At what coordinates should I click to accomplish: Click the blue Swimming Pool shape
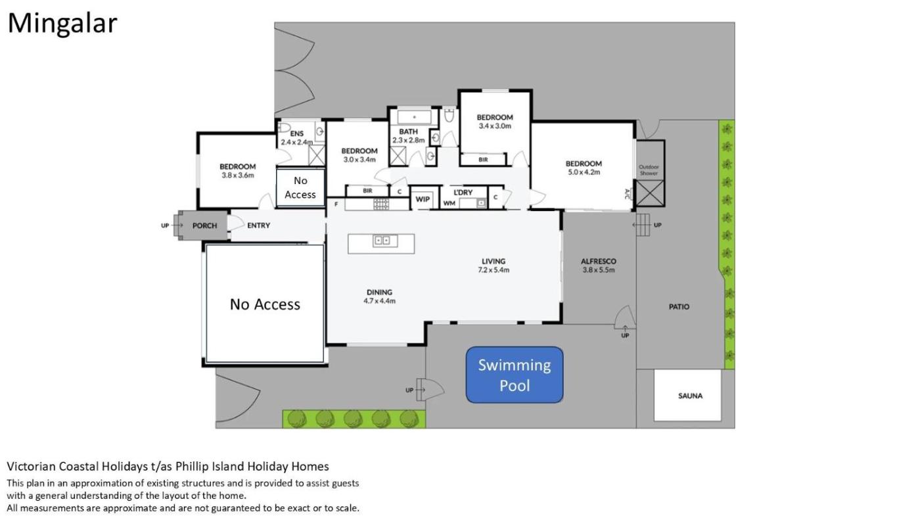click(x=514, y=375)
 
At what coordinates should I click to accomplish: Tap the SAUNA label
click(x=690, y=396)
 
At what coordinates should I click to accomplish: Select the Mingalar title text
click(x=62, y=24)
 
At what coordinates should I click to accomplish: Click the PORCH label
click(x=204, y=225)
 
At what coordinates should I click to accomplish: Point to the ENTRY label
click(x=259, y=225)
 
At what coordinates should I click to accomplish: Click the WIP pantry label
click(x=422, y=199)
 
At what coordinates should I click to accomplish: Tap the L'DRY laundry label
click(x=463, y=192)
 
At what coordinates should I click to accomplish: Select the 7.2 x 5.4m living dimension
click(x=494, y=270)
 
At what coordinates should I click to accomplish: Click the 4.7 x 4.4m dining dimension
click(x=380, y=300)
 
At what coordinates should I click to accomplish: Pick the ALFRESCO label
click(x=599, y=261)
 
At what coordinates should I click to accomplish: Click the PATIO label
click(x=679, y=307)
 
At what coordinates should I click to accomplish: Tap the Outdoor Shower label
click(x=649, y=170)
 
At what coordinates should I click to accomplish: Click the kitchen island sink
click(x=385, y=241)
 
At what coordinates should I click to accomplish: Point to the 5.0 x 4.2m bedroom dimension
click(x=584, y=172)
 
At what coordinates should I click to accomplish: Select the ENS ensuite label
click(x=296, y=133)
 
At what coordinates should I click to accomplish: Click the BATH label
click(x=408, y=131)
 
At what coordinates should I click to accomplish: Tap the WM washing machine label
click(x=449, y=203)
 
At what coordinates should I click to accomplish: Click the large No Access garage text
click(x=265, y=304)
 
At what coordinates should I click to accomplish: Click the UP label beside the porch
click(x=165, y=225)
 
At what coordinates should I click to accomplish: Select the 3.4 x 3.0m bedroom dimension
click(x=494, y=126)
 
